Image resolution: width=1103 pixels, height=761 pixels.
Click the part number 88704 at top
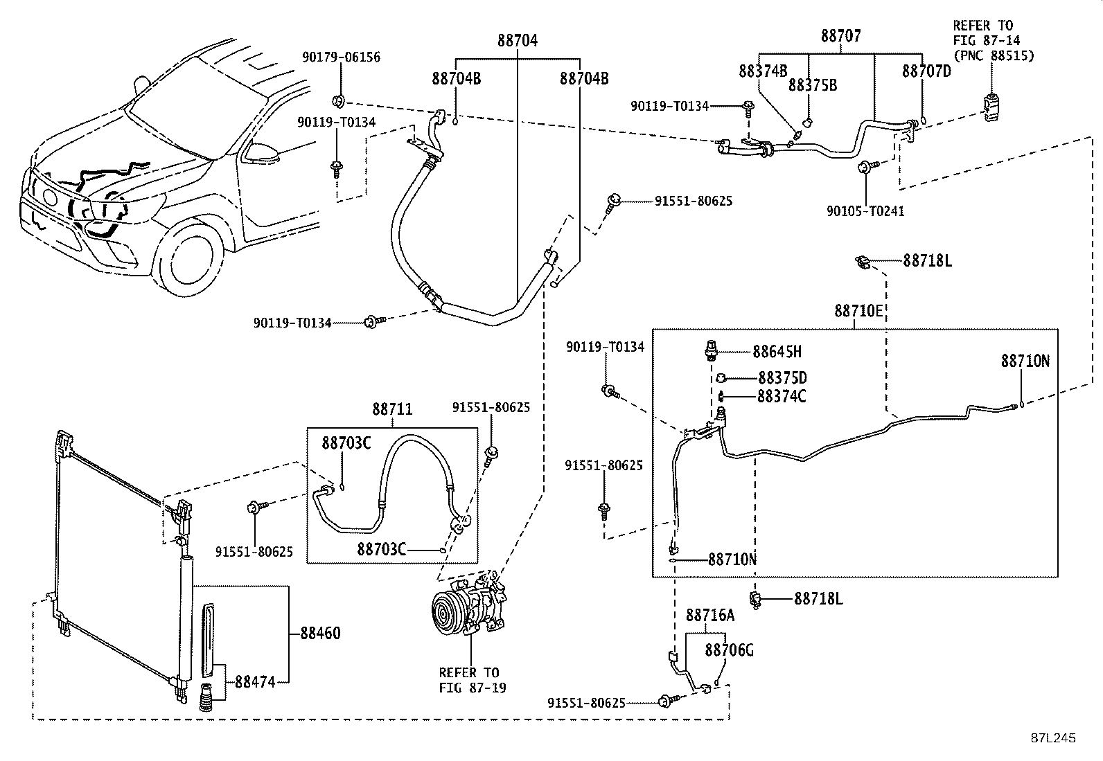click(x=517, y=40)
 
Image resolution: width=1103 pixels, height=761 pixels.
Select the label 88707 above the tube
click(x=840, y=36)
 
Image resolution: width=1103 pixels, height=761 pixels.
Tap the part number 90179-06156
click(x=342, y=57)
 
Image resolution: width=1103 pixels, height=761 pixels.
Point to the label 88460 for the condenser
click(x=321, y=633)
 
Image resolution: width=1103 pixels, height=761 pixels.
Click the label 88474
click(x=255, y=682)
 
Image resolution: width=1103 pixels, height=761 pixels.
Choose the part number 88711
click(x=392, y=409)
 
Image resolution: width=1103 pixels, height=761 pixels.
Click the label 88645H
click(x=777, y=352)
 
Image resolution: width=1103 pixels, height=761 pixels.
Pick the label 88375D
click(x=782, y=378)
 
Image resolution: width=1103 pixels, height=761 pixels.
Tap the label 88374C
click(x=782, y=396)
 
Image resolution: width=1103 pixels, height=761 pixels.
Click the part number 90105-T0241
click(x=865, y=211)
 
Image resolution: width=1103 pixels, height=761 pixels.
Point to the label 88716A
click(x=710, y=615)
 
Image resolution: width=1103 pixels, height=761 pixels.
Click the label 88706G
click(x=730, y=650)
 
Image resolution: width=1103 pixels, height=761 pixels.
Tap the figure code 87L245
click(x=1053, y=738)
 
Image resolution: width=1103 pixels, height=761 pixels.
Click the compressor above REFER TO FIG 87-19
click(x=469, y=604)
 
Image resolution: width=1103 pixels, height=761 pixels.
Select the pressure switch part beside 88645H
click(x=710, y=350)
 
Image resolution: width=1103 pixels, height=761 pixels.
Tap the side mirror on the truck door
click(x=263, y=151)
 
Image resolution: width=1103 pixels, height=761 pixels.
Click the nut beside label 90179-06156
click(x=338, y=102)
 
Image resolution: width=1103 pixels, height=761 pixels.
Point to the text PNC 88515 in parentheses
click(x=994, y=55)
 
